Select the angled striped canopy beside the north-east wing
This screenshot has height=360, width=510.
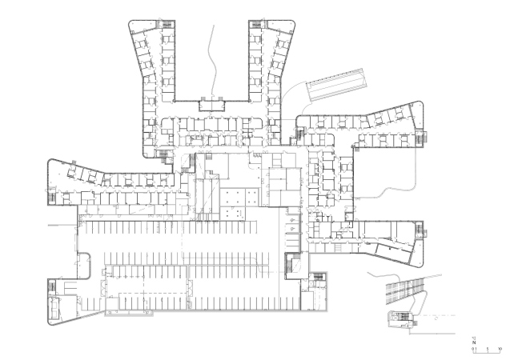(x=339, y=85)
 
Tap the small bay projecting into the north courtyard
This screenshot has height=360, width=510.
(x=212, y=103)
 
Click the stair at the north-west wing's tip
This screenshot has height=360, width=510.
(x=167, y=25)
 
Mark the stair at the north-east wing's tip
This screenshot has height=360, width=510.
(x=255, y=25)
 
